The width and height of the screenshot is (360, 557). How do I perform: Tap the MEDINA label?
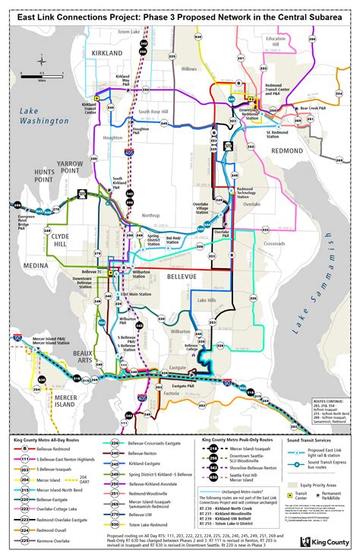[x=33, y=265]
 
